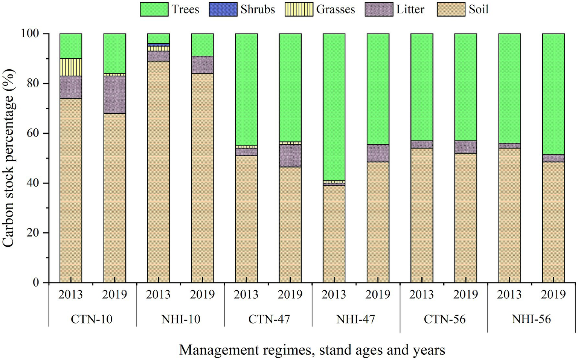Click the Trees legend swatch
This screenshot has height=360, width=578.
pyautogui.click(x=154, y=9)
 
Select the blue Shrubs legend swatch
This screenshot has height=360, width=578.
pyautogui.click(x=223, y=9)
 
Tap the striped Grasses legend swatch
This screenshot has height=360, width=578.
pyautogui.click(x=299, y=9)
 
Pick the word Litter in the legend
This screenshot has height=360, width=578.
pyautogui.click(x=410, y=9)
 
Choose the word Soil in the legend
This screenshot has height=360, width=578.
pyautogui.click(x=478, y=9)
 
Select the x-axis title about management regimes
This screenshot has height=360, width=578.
pyautogui.click(x=312, y=350)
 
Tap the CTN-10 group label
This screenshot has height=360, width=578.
pyautogui.click(x=92, y=319)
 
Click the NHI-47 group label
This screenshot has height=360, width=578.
pyautogui.click(x=355, y=319)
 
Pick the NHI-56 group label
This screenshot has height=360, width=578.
pyautogui.click(x=531, y=319)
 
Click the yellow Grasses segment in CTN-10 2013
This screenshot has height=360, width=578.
pyautogui.click(x=71, y=67)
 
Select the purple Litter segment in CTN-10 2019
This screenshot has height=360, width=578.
pyautogui.click(x=114, y=95)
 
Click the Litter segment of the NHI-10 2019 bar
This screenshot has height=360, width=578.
pyautogui.click(x=202, y=65)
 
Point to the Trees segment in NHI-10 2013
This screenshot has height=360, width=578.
pyautogui.click(x=158, y=38)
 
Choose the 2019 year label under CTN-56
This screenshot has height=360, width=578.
pyautogui.click(x=465, y=294)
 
